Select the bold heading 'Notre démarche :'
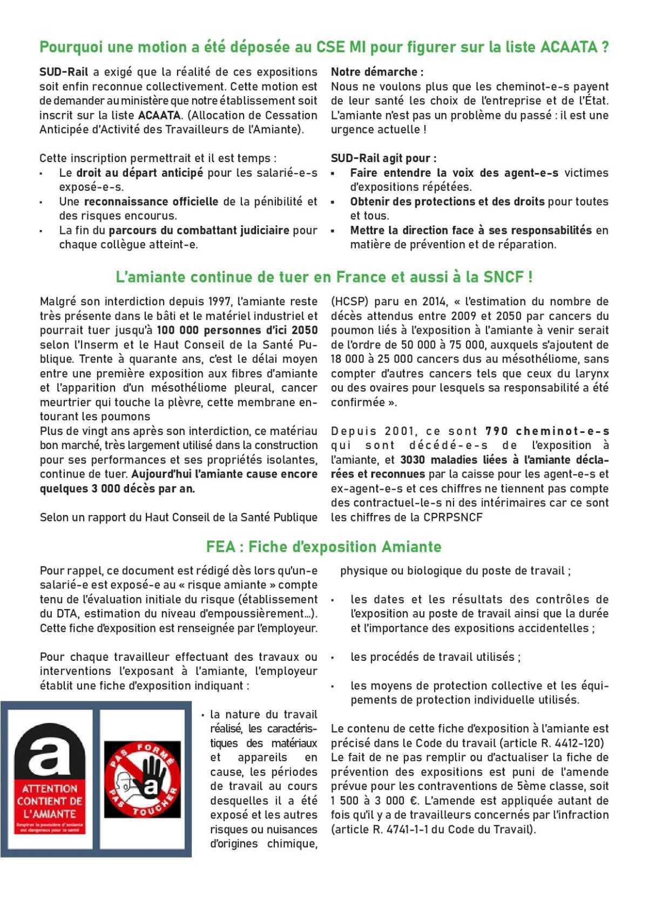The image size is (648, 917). (x=377, y=72)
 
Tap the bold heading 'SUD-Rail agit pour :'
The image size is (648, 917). (x=383, y=158)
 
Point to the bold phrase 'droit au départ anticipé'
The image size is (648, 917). (x=139, y=173)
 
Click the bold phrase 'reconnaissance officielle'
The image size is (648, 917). (x=151, y=202)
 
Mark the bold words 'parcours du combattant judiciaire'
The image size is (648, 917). (x=199, y=230)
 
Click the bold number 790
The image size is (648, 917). (x=496, y=431)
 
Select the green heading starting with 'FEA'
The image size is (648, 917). (x=323, y=547)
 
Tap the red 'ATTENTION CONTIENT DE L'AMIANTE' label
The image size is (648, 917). (x=49, y=801)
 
